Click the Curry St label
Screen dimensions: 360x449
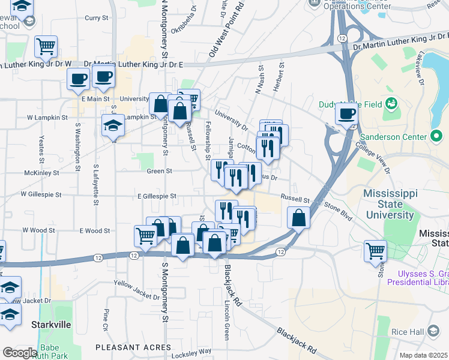(x=96, y=18)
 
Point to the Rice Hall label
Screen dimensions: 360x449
(x=408, y=332)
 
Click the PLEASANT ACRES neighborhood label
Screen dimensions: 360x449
(x=133, y=347)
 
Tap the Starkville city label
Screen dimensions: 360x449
(x=51, y=324)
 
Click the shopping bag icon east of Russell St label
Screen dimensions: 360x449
(x=298, y=217)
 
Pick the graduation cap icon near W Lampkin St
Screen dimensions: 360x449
(x=113, y=125)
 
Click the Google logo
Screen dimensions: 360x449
(x=20, y=352)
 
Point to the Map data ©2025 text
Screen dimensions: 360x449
(x=423, y=355)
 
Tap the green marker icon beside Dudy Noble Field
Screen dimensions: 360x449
(x=391, y=103)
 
